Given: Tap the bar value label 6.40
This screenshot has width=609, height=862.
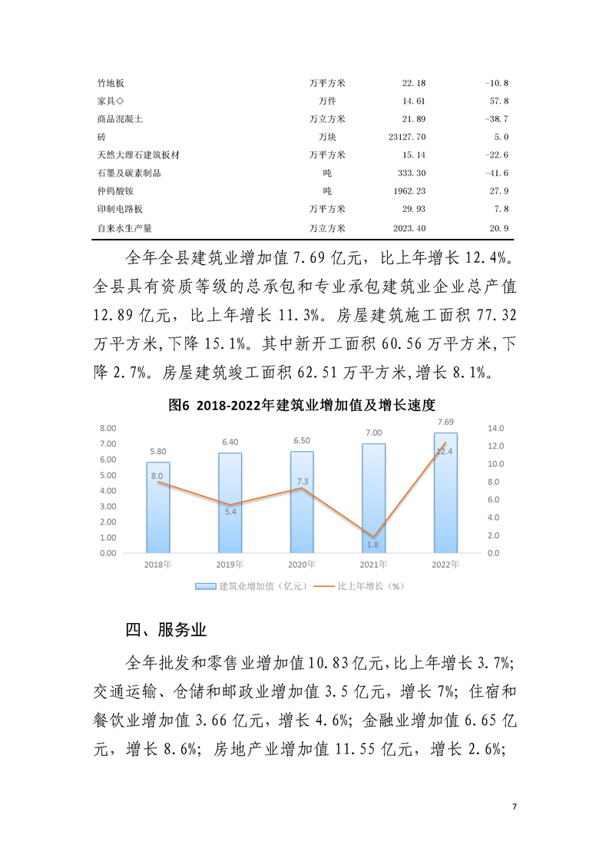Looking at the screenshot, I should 230,442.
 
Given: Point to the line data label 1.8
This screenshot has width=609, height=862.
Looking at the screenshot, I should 373,545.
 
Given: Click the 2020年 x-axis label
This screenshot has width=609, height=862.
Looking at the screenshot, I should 301,565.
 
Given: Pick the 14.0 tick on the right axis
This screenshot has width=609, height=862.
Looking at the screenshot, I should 495,428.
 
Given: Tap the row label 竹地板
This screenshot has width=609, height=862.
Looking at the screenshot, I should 106,83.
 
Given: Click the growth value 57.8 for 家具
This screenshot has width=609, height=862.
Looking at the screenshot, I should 498,101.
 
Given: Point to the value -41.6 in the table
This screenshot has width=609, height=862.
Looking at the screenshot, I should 497,173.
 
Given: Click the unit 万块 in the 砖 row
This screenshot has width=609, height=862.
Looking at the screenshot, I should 328,137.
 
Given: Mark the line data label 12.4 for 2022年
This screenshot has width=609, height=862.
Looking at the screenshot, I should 444,452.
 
